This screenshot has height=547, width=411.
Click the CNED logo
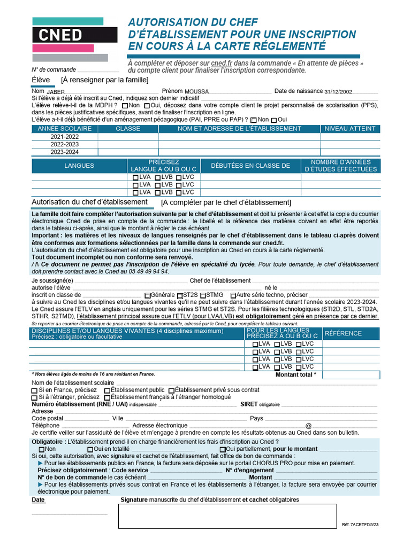click(74, 35)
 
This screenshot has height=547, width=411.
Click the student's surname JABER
click(55, 92)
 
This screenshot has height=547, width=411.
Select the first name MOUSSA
click(196, 92)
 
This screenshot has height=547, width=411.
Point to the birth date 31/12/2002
click(338, 92)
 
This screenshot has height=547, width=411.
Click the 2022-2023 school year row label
click(64, 144)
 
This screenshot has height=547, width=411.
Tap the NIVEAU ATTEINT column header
click(350, 129)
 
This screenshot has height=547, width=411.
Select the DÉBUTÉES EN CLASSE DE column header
click(250, 166)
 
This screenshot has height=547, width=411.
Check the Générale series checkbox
click(148, 295)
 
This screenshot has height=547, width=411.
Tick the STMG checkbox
click(204, 295)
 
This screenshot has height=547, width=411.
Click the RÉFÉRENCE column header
click(344, 333)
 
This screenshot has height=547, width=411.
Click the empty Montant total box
click(351, 375)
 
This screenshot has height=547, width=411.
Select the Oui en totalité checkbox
click(90, 449)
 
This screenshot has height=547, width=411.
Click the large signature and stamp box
click(227, 516)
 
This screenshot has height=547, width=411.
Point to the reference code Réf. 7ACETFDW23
click(360, 525)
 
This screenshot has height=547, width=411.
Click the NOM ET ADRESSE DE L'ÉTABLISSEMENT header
click(239, 129)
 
